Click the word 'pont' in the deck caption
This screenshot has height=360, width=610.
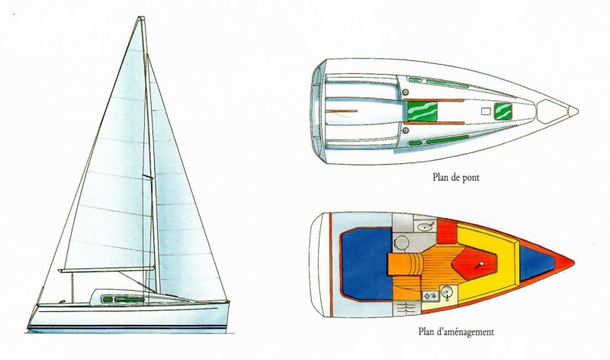tap(470, 178)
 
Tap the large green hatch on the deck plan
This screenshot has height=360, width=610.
tap(422, 111)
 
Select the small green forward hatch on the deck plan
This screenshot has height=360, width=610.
tap(502, 111)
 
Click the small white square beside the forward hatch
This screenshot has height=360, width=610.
tap(486, 111)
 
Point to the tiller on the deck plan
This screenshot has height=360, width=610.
tap(342, 111)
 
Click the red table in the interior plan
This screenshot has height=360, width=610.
tap(474, 264)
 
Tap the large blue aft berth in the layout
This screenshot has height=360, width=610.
tap(366, 264)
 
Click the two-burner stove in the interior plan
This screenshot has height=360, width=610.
tap(431, 296)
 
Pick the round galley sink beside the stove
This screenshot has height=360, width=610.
tap(448, 292)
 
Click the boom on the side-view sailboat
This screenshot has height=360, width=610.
tap(107, 269)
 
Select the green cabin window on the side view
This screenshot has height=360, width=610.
tap(123, 299)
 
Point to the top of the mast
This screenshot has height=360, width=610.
tap(141, 18)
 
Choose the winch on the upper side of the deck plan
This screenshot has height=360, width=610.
tap(406, 92)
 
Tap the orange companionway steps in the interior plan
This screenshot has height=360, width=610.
tap(405, 264)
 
